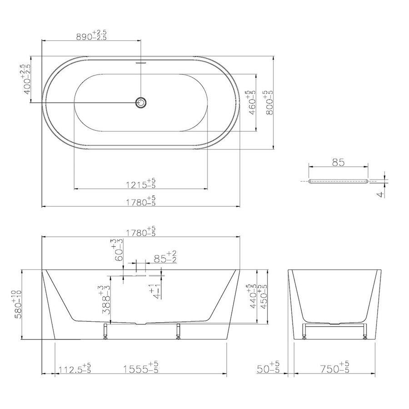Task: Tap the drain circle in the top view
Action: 141,103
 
